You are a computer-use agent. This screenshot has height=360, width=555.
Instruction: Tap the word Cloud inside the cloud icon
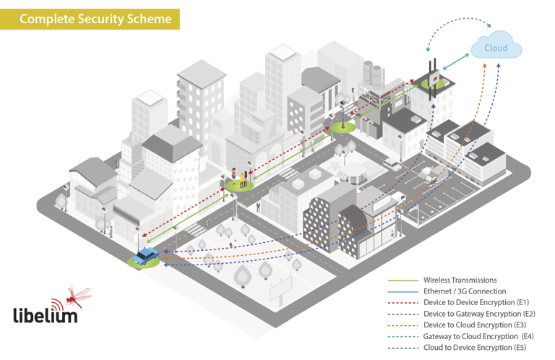pyautogui.click(x=496, y=48)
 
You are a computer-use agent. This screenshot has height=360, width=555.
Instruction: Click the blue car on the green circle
pyautogui.click(x=147, y=256)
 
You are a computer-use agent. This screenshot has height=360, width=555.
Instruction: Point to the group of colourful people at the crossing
pyautogui.click(x=241, y=177)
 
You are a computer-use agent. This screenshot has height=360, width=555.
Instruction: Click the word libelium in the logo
pyautogui.click(x=45, y=314)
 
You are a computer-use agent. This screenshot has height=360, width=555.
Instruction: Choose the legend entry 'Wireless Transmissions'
pyautogui.click(x=460, y=280)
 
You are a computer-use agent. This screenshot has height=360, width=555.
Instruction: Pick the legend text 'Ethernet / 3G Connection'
pyautogui.click(x=465, y=291)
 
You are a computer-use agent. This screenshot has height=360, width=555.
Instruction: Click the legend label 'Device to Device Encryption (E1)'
pyautogui.click(x=476, y=302)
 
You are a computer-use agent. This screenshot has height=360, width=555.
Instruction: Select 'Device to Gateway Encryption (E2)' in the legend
pyautogui.click(x=479, y=314)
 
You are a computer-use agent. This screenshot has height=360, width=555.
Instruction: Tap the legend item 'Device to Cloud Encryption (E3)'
pyautogui.click(x=475, y=325)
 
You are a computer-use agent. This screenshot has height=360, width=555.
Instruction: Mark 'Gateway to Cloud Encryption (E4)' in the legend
pyautogui.click(x=478, y=336)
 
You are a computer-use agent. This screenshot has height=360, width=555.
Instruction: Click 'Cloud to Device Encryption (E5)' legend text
pyautogui.click(x=476, y=348)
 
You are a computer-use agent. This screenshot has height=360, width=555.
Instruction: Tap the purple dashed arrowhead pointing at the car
pyautogui.click(x=165, y=252)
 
